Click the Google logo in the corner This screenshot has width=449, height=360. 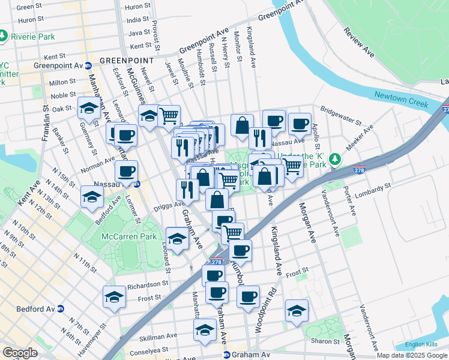(x=20, y=353)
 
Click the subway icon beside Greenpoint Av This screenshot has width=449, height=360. (x=88, y=65)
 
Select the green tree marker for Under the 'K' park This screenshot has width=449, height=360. (x=336, y=159)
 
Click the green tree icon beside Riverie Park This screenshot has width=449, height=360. (x=4, y=37)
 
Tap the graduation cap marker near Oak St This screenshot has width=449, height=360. (x=89, y=109)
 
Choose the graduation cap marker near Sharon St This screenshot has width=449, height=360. (x=297, y=311)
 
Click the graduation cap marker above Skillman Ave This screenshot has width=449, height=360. (x=205, y=330)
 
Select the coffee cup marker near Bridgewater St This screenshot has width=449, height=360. (x=299, y=124)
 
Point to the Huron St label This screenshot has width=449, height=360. (x=138, y=7)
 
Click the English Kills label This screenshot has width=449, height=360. (x=419, y=344)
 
